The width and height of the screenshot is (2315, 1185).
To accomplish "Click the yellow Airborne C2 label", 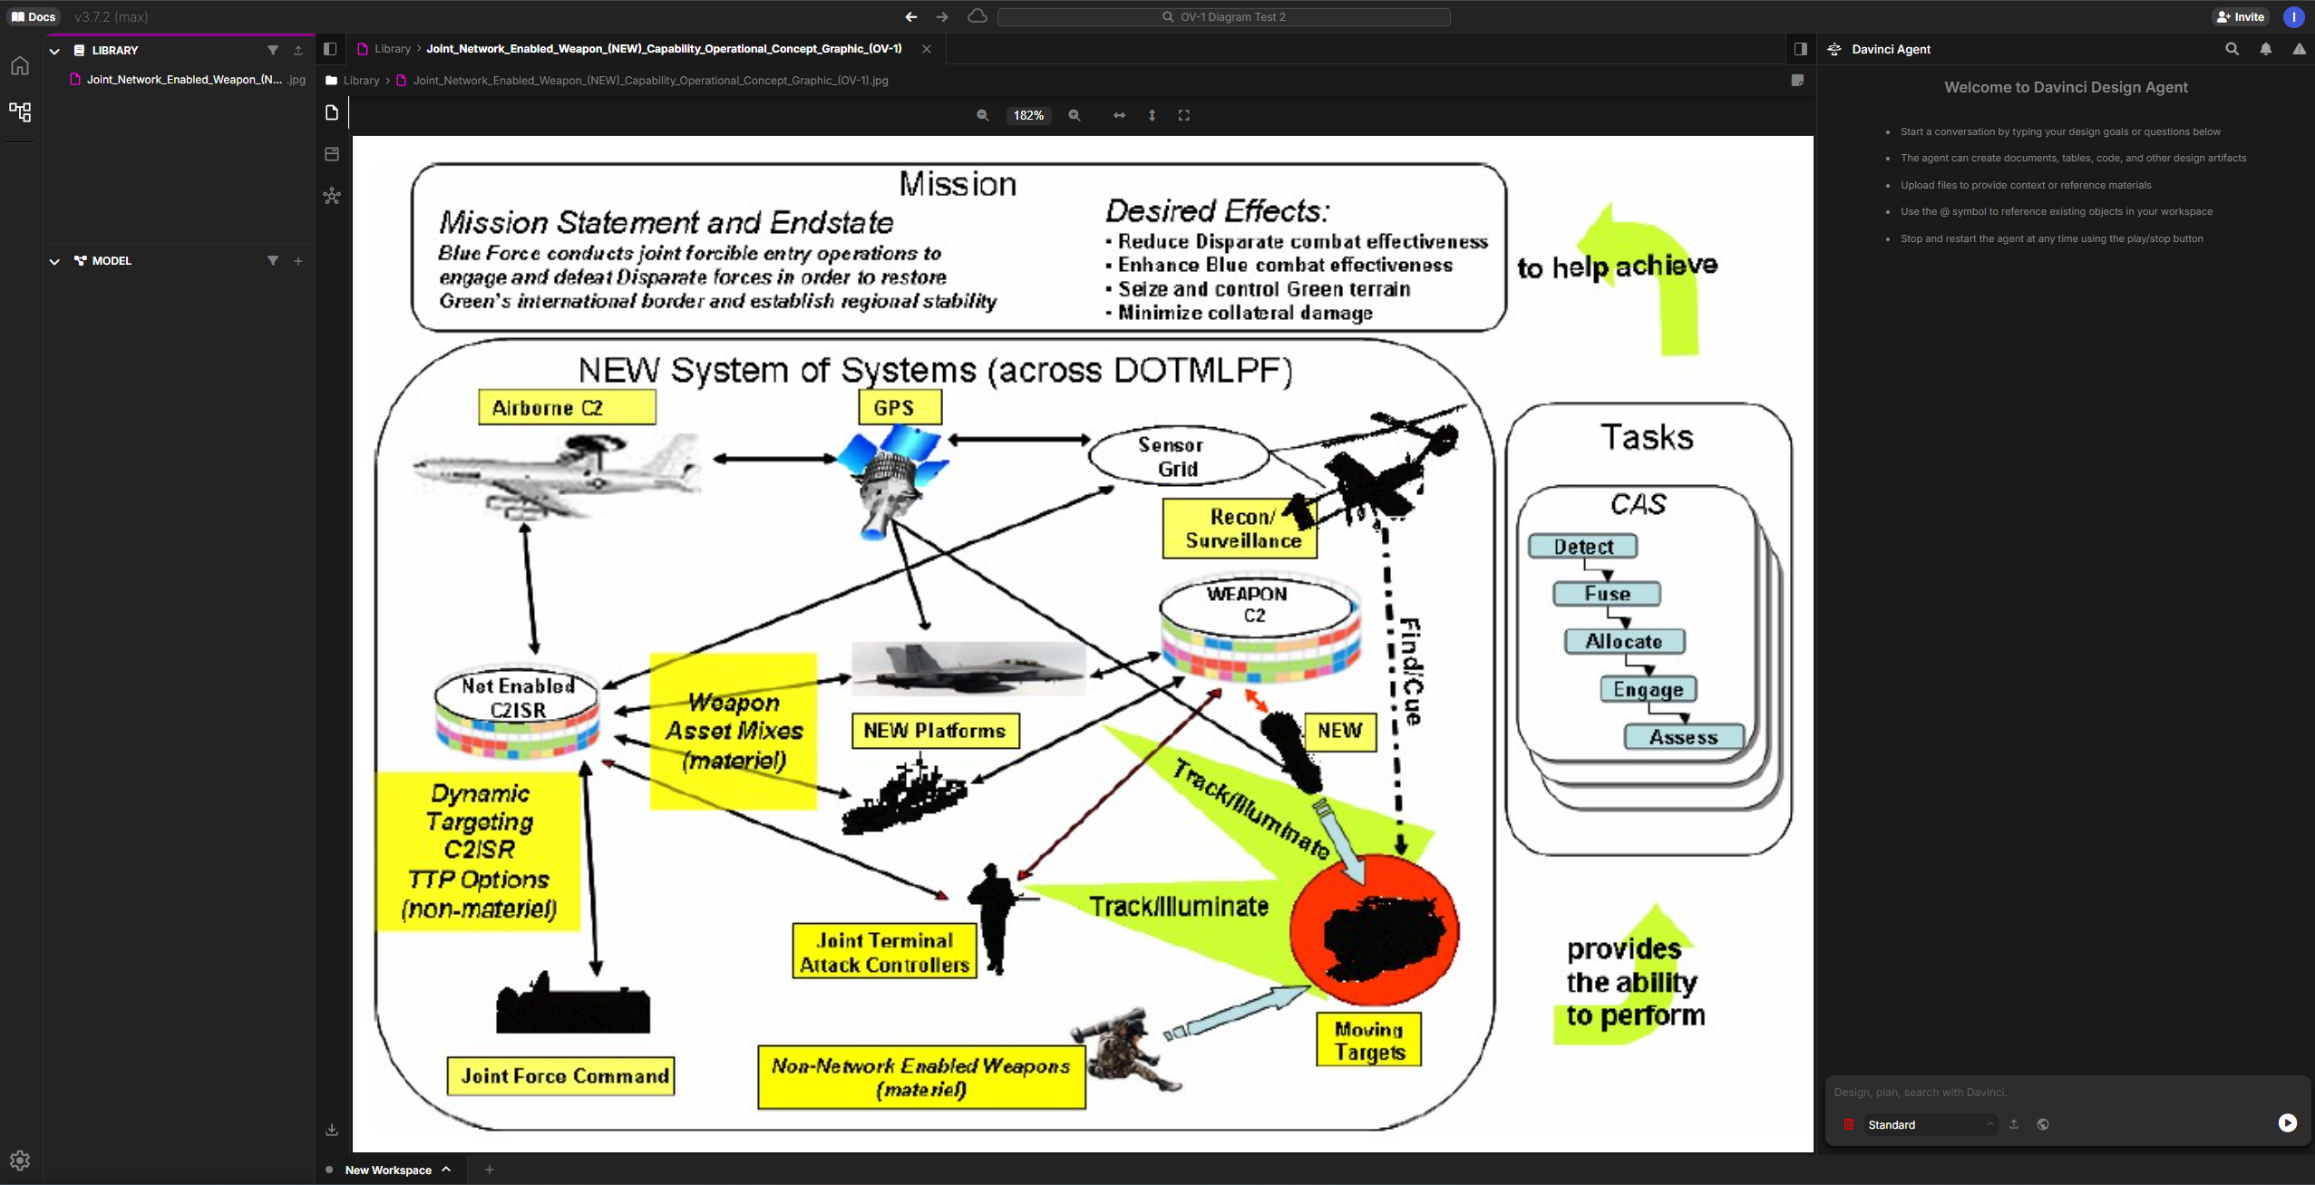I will coord(566,408).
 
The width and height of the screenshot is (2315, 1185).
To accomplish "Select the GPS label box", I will coord(900,408).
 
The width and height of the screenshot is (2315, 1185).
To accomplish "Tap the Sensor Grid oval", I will coord(1176,457).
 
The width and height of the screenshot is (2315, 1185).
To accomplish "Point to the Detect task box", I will coord(1582,547).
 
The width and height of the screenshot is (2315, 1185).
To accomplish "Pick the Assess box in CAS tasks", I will coord(1683,737).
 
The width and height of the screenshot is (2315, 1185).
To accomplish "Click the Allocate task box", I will coord(1623,642).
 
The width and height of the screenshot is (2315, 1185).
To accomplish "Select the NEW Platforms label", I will coord(934,731).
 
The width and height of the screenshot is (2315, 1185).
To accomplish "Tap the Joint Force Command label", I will coord(561,1076).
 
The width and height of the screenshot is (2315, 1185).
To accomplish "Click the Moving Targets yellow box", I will coord(1367,1040).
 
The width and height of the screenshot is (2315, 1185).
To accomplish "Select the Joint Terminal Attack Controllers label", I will coord(883,952).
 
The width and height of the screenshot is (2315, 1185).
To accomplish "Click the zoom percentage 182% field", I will coord(1028,116).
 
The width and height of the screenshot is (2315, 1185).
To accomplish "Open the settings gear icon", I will coord(20,1161).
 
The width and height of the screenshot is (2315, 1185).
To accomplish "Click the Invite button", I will coord(2240,16).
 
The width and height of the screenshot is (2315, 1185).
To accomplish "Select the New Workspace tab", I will coord(388,1170).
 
